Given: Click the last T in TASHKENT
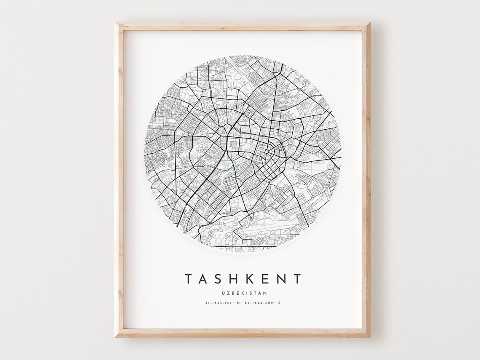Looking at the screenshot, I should pos(297,279).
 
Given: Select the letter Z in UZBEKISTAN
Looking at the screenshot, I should pos(227,293).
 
